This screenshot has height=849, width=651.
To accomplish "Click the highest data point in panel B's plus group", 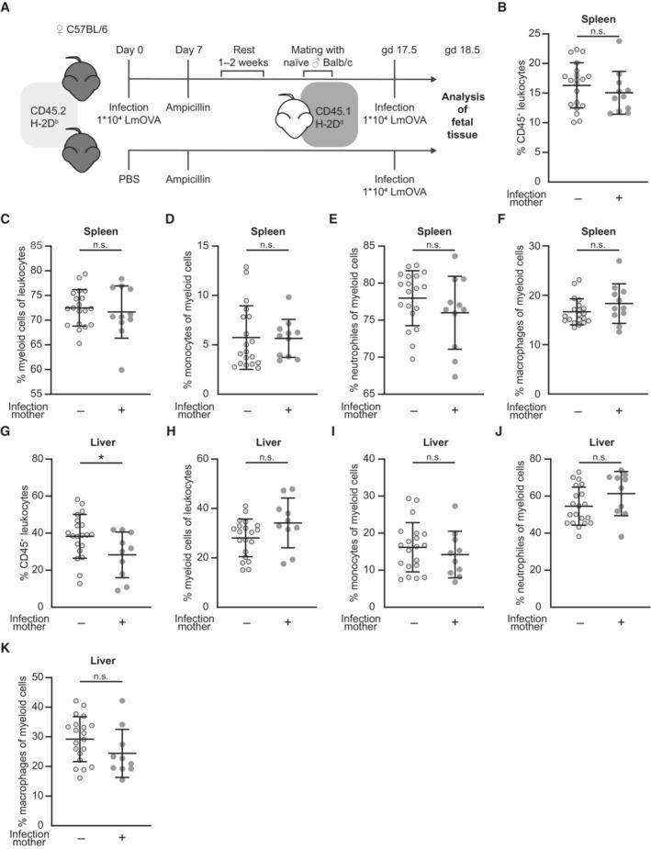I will pyautogui.click(x=620, y=41).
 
